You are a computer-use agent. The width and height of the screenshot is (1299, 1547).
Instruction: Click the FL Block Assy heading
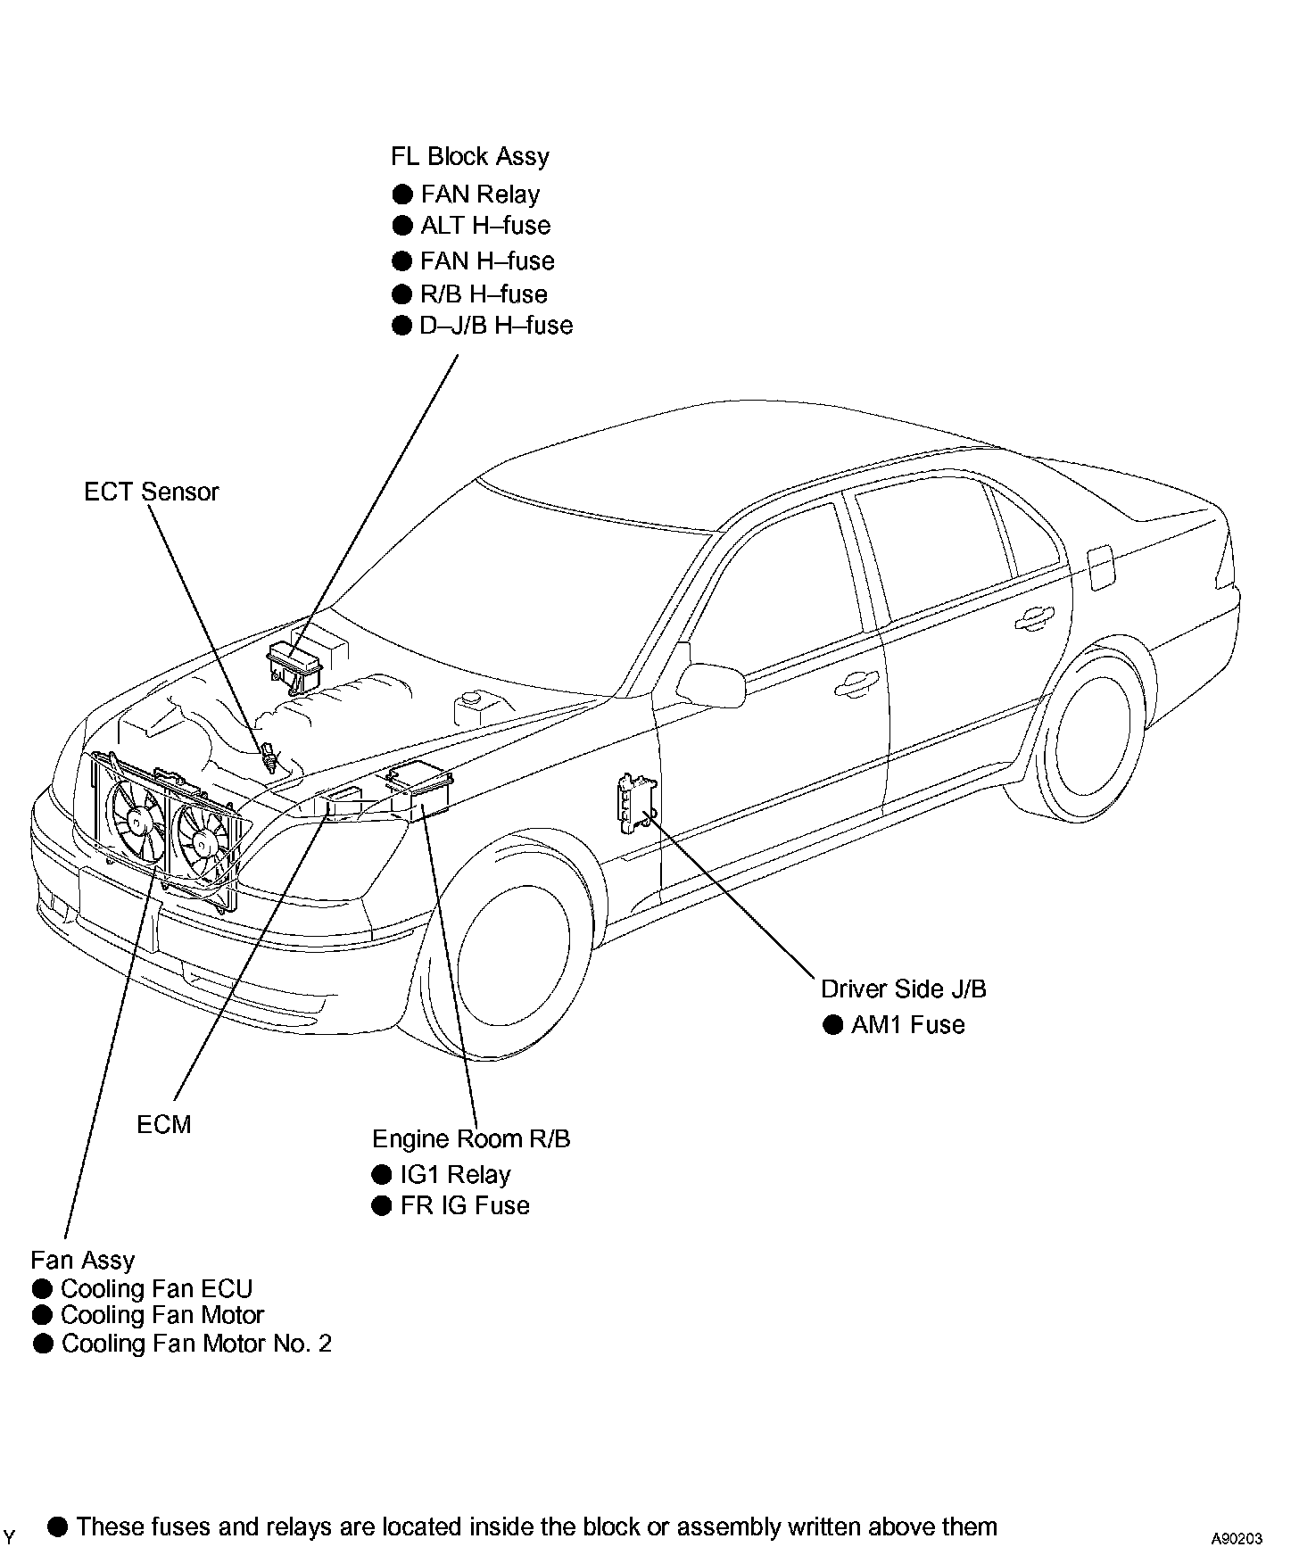point(469,157)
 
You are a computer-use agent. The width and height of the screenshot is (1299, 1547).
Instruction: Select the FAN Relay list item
point(480,194)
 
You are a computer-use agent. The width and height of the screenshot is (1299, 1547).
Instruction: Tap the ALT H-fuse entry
point(485,226)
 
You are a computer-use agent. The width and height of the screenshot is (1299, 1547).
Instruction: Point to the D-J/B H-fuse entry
point(496,326)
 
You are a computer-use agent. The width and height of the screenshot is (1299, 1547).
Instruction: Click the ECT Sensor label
point(151,492)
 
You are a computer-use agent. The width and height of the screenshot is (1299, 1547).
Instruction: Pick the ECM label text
point(164,1124)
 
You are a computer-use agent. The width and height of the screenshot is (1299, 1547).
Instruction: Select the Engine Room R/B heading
point(470,1139)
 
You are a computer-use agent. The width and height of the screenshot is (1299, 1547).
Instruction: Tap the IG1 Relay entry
point(455,1175)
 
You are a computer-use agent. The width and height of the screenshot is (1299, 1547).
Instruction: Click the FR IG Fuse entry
point(464,1206)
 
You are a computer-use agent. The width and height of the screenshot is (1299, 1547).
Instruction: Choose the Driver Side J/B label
point(903,989)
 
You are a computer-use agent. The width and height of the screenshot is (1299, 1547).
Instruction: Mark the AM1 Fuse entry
point(907,1025)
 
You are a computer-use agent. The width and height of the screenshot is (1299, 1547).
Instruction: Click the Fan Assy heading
point(82,1261)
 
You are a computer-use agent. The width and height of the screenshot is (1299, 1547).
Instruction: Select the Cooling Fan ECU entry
point(156,1289)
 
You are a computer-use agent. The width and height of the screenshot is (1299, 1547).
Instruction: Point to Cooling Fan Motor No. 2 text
point(196,1344)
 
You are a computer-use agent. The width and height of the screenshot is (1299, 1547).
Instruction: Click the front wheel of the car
point(504,946)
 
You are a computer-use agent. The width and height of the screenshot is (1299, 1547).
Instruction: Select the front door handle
point(854,683)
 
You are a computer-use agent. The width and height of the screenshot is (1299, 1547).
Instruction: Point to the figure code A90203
point(1236,1538)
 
